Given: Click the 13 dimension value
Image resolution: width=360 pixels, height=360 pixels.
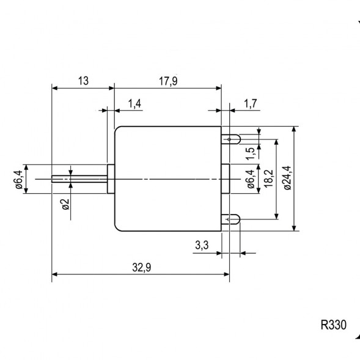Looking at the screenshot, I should (83, 81).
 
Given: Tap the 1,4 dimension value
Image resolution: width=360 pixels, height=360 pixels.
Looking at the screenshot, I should (135, 105).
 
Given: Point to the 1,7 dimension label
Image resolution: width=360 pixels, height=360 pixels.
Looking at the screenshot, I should (250, 105).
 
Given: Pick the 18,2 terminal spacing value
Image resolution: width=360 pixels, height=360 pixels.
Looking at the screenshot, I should (267, 178).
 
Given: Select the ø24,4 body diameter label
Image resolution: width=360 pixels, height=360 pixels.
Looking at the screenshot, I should (287, 178).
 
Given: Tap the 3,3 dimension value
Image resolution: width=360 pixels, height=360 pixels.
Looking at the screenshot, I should (202, 246).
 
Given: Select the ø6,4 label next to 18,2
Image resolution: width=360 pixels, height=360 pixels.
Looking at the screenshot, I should (249, 181).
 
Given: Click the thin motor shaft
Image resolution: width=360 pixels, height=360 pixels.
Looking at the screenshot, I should (79, 178).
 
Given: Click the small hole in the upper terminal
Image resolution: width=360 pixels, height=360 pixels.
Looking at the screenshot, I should (229, 139).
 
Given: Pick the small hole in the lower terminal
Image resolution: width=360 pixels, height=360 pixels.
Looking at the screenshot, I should (229, 218).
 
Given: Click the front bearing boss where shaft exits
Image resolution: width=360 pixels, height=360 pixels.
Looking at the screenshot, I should (111, 178).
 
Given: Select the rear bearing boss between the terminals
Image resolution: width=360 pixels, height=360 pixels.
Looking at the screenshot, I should (226, 178).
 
